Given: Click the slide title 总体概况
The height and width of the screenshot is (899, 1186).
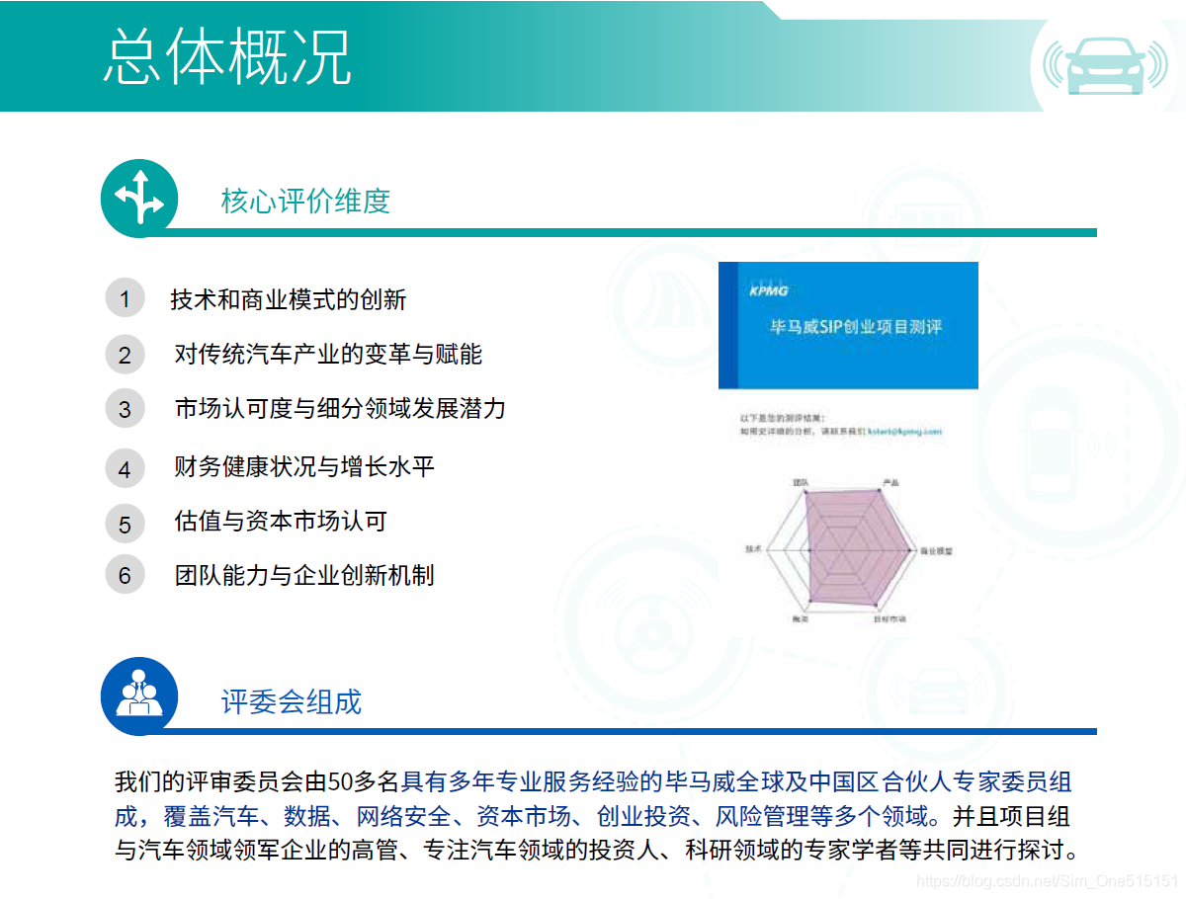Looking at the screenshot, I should pos(227,56).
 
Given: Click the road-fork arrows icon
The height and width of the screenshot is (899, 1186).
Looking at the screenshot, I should pos(139,198).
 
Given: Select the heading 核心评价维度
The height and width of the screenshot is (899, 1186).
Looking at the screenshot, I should pos(305,202).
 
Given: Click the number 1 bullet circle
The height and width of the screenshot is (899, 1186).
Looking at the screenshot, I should pos(125,299).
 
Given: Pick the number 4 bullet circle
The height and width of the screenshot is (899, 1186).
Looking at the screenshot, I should pos(125,468).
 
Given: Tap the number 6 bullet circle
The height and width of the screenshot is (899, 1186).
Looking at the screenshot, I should pos(125,575).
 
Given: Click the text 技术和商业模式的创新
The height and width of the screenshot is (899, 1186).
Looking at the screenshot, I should pos(288,299).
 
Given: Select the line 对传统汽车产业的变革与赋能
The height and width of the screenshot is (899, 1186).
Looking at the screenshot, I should pos(328,354).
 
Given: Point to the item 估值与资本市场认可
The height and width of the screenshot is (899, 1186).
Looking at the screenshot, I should pos(280,521).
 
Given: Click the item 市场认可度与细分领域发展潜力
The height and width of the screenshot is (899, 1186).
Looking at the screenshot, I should pos(340,408).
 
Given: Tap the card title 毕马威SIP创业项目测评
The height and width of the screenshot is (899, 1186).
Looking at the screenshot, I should pos(856,327).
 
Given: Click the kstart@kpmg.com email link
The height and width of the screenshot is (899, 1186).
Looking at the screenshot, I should pos(904,432).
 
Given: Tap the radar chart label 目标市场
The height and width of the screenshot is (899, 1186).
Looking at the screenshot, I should pos(889,619).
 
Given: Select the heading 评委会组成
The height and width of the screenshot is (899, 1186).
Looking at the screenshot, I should pos(292,701).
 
